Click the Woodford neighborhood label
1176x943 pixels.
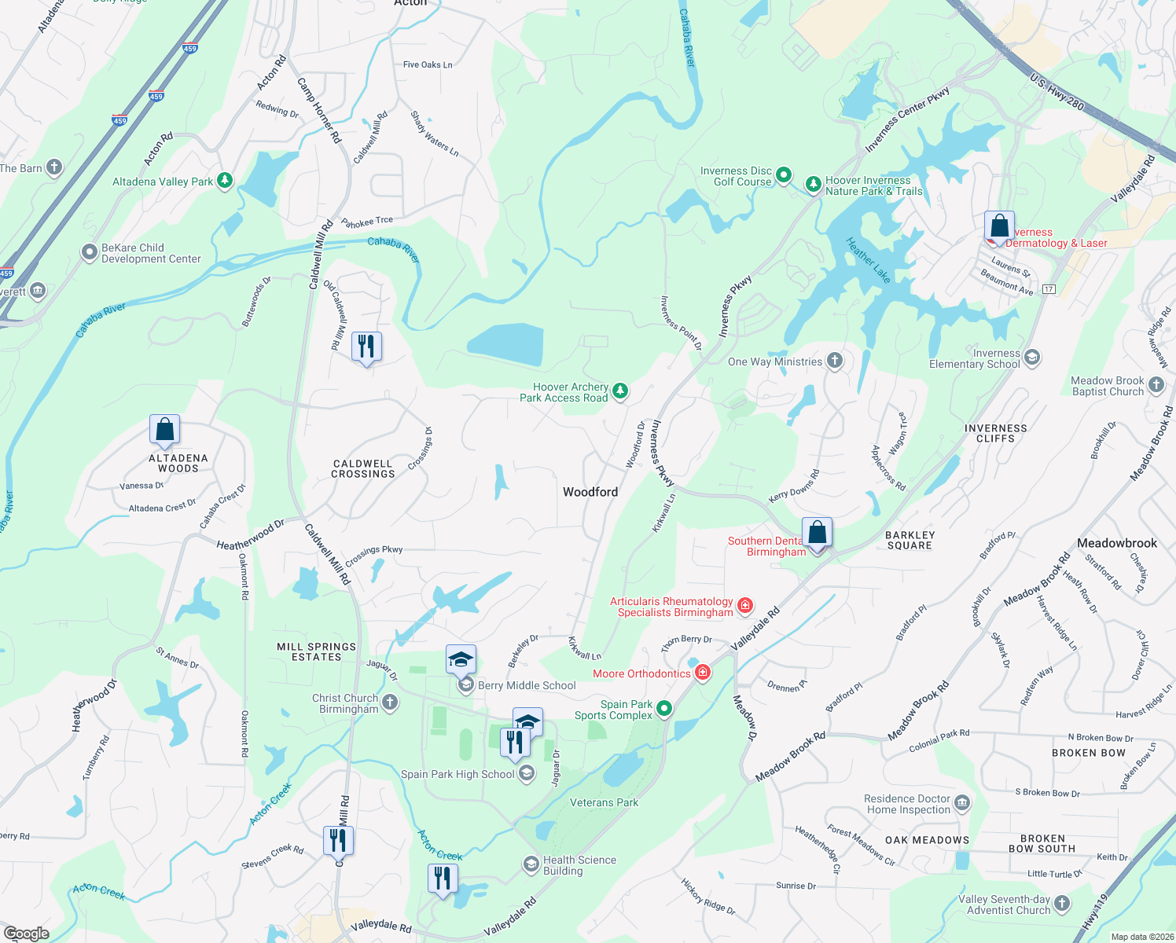point(590,492)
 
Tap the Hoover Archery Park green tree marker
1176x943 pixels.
point(620,391)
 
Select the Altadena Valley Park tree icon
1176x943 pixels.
point(225,181)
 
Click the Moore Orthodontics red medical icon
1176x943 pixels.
point(703,673)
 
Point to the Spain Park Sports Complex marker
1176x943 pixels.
point(664,709)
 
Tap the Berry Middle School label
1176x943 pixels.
point(527,685)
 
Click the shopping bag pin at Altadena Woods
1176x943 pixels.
point(165,430)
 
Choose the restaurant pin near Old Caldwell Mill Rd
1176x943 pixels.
point(366,346)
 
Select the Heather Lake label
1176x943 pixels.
point(869,260)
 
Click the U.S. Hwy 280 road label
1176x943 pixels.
point(1057,93)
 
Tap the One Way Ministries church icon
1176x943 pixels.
point(835,361)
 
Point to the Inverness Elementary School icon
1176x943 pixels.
point(1032,358)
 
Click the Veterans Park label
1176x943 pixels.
point(604,802)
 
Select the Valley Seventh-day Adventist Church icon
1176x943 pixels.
point(1062,904)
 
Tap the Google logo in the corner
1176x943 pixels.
point(27,933)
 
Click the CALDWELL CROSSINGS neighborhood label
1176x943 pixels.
point(363,469)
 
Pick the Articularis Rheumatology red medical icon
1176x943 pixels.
point(745,606)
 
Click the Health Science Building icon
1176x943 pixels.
point(531,864)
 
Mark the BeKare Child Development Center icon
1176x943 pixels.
point(90,252)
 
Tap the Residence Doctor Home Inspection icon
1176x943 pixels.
point(962,803)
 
